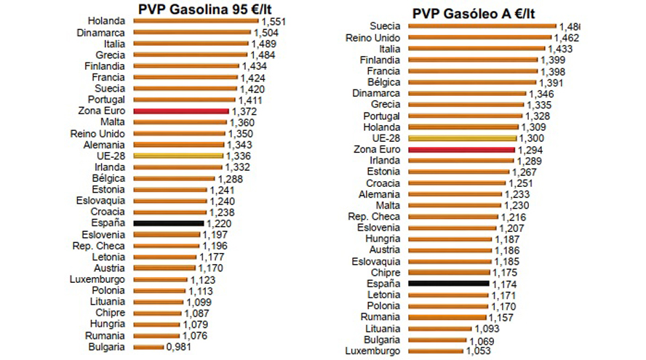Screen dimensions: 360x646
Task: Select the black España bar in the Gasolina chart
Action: tap(169, 223)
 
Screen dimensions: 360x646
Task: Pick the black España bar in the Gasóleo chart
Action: tap(448, 284)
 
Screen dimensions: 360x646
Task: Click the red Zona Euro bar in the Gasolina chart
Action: tap(182, 111)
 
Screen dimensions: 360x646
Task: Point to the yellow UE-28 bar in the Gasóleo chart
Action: tap(463, 138)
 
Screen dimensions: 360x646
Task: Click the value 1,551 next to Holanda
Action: tap(273, 22)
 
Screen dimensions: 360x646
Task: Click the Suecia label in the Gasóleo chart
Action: tap(384, 26)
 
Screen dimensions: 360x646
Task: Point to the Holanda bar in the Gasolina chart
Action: tap(196, 22)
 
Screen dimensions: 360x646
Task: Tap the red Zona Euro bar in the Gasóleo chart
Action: tap(462, 149)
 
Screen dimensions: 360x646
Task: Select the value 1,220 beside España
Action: tap(220, 223)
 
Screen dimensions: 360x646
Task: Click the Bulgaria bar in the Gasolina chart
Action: tap(149, 347)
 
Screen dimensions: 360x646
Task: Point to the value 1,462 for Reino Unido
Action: tap(566, 38)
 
